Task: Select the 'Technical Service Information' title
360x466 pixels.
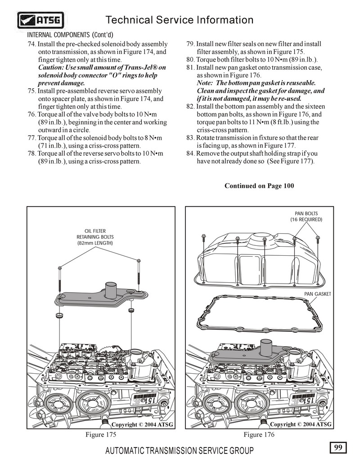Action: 179,20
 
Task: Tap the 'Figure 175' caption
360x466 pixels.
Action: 101,434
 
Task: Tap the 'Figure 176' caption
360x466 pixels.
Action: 259,434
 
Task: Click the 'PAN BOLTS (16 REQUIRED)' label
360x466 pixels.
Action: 306,216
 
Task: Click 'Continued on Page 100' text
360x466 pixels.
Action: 259,186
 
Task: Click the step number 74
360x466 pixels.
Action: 31,44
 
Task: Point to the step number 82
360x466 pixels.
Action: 190,107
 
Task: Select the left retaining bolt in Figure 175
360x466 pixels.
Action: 59,279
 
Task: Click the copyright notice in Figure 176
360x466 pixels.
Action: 300,424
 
